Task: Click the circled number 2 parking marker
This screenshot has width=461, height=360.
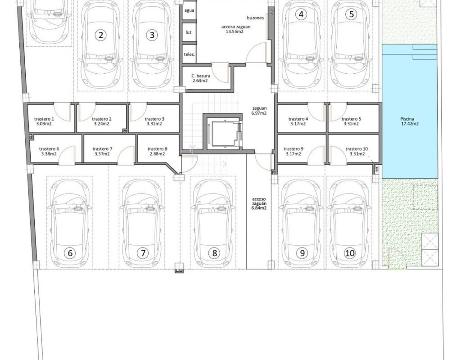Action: pos(101,35)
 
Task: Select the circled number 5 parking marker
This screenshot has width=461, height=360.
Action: pos(351,14)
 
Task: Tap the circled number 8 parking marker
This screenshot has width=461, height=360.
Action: pos(214,253)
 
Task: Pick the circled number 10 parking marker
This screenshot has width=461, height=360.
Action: pos(350,253)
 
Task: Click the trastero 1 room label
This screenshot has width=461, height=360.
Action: pos(44,121)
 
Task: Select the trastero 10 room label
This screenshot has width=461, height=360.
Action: pos(357,151)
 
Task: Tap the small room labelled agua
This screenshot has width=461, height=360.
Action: pos(189,10)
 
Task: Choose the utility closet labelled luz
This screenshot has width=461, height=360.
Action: pos(189,32)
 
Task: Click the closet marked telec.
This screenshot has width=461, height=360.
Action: pos(189,54)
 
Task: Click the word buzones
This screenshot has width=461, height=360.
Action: pos(255,18)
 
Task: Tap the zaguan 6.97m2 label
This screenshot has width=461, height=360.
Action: pos(259,111)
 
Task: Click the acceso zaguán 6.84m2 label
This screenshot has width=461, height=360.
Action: pos(259,203)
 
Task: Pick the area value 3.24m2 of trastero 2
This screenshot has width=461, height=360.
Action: pos(102,124)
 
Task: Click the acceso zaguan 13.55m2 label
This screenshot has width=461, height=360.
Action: pos(236,29)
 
